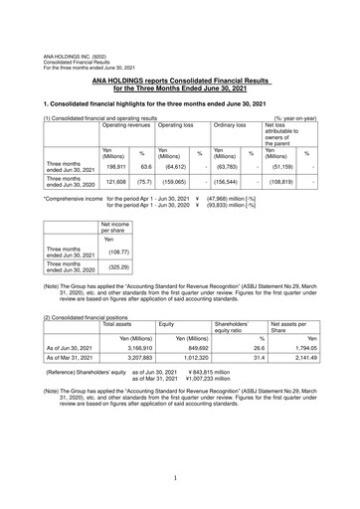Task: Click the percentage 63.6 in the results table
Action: pyautogui.click(x=145, y=168)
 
